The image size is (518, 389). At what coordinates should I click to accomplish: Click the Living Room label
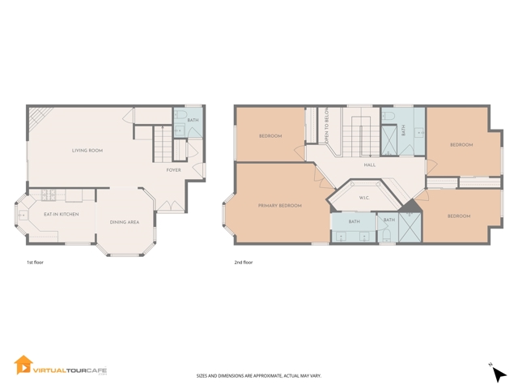[87, 151]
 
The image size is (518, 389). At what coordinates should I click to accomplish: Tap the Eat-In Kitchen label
[62, 214]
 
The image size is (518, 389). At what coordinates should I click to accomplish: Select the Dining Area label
[125, 222]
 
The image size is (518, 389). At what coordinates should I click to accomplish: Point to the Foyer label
[173, 170]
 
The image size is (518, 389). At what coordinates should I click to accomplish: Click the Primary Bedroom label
[280, 206]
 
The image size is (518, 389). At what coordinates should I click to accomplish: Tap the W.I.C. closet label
[364, 198]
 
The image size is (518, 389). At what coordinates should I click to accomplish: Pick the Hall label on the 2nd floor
[370, 165]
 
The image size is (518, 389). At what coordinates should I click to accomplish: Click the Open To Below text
[327, 125]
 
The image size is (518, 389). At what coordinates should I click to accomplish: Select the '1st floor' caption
[35, 263]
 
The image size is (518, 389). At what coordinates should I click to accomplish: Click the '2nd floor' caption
[244, 263]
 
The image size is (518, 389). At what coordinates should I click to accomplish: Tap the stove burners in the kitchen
[49, 194]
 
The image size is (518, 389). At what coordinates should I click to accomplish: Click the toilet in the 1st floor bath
[180, 115]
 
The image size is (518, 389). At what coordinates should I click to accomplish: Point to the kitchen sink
[23, 216]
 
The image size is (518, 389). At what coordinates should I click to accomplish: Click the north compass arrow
[499, 374]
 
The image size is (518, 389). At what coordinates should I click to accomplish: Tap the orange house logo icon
[23, 365]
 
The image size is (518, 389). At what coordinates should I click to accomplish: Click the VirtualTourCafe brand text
[70, 370]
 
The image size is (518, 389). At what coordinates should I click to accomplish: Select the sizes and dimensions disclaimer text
[259, 376]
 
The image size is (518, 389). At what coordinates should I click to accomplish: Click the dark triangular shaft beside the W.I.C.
[410, 206]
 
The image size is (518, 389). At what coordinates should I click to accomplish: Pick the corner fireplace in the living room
[38, 117]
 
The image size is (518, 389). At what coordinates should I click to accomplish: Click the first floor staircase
[163, 144]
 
